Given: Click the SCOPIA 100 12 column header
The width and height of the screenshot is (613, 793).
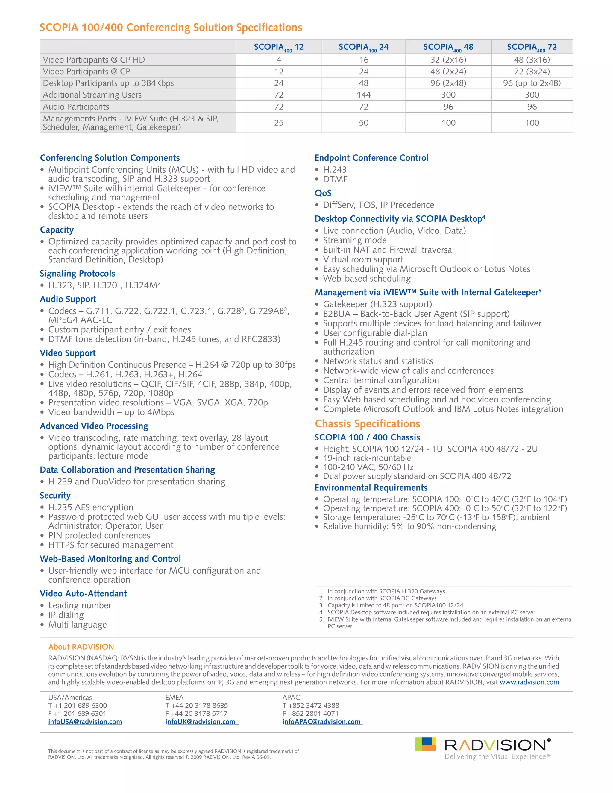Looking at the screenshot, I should coord(279,47).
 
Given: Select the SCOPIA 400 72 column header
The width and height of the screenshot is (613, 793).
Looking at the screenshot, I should coord(532,47).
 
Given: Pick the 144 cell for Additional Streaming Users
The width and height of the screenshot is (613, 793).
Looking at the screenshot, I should coord(363,95).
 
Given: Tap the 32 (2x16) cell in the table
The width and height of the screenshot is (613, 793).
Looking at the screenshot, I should coord(448,60).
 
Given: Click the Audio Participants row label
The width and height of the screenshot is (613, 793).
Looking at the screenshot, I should coord(76,107).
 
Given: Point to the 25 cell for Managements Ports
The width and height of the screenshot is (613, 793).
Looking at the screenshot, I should coord(279,123).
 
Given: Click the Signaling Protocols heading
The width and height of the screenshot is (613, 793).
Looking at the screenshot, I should coord(77,274).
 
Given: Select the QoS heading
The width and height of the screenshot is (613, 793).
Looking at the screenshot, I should coord(323,193).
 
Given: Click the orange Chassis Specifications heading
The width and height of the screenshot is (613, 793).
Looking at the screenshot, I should coord(367,424).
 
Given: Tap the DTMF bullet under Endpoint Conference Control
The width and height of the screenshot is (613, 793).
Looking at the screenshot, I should coord(335,179).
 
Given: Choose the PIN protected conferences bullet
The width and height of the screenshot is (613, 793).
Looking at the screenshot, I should coord(99,536).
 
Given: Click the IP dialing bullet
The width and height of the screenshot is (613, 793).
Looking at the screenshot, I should coord(66,615).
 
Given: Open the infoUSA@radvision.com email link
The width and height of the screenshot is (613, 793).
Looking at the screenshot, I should coord(85,722).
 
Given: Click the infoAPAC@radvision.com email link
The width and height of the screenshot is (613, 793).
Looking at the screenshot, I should coord(321,722).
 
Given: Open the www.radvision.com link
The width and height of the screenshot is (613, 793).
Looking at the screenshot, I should coord(529,682).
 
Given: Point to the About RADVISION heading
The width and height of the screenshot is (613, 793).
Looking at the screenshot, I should coord(81,647).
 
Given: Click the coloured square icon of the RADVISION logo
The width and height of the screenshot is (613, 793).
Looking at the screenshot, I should coord(425,744).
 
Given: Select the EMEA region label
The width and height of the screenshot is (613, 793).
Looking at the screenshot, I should coord(174,698).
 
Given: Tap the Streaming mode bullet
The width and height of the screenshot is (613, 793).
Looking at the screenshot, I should coord(354,240).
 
